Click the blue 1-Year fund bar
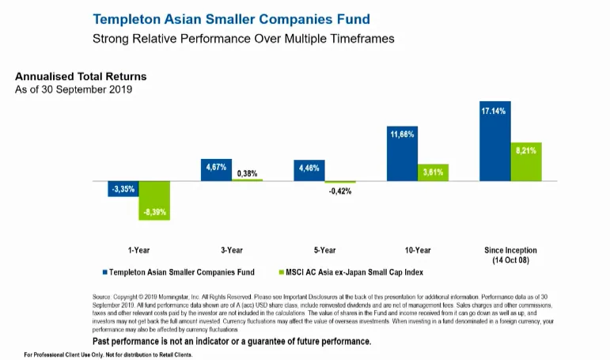(123, 189)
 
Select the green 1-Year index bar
(153, 200)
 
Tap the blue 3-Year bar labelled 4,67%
(216, 170)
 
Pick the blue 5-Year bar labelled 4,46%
(309, 171)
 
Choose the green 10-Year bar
(433, 172)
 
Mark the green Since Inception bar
(525, 161)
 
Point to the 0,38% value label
(247, 173)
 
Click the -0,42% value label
(340, 191)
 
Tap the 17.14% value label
(494, 112)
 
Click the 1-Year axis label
(138, 250)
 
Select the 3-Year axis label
(231, 250)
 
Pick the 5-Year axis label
(324, 250)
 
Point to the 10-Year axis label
(417, 250)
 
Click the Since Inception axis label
(510, 255)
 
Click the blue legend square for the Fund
(104, 272)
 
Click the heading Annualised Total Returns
(81, 77)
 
